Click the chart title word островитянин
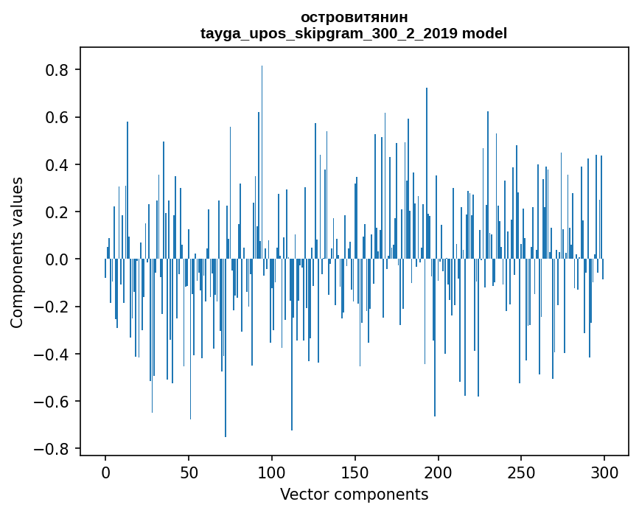(354, 17)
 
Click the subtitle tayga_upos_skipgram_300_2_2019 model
(354, 33)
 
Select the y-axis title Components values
(16, 252)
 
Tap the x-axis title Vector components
(354, 494)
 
